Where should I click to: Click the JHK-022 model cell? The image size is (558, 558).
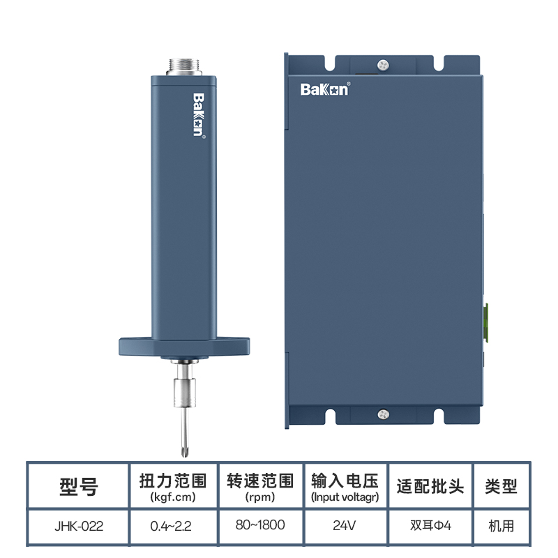click(x=79, y=526)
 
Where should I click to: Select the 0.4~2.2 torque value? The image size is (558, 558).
click(x=171, y=526)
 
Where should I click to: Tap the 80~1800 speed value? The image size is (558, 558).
click(x=260, y=525)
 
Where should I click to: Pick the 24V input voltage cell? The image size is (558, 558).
click(x=344, y=525)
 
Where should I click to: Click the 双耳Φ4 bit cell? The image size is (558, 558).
click(x=430, y=525)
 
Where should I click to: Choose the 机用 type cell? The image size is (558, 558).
click(x=501, y=526)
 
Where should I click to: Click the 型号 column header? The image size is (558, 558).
click(x=79, y=486)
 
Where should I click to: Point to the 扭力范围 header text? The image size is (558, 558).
click(x=173, y=481)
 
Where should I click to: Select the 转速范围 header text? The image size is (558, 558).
click(x=260, y=481)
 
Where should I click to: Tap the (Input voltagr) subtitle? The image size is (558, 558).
click(x=345, y=497)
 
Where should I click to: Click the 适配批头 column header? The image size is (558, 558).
click(x=430, y=486)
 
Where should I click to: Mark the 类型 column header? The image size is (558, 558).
click(x=501, y=486)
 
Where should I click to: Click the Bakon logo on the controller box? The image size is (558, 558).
click(x=325, y=89)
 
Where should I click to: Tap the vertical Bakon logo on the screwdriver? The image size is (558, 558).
click(x=199, y=115)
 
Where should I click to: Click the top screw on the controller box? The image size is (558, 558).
click(x=383, y=65)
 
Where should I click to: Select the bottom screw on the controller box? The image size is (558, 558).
click(x=383, y=414)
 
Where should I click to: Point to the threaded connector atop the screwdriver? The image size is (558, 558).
click(x=184, y=67)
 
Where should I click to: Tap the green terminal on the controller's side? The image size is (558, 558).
click(x=485, y=323)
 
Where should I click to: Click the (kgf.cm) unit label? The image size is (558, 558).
click(x=173, y=497)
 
